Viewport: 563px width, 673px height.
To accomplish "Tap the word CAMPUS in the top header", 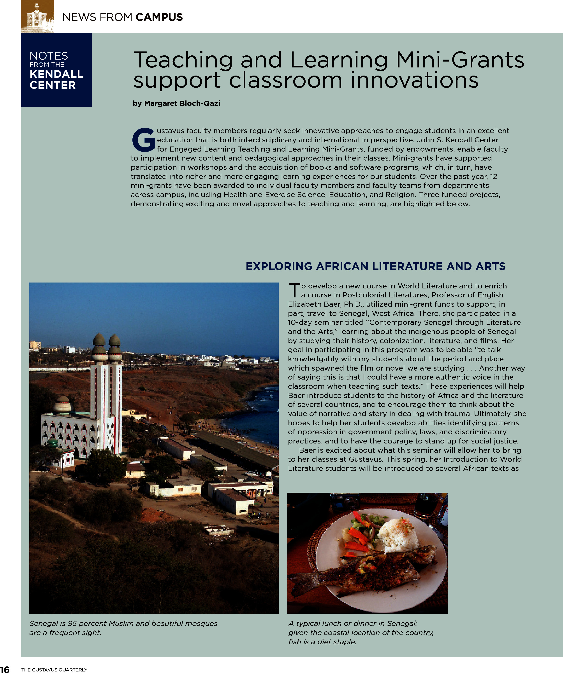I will pyautogui.click(x=159, y=17).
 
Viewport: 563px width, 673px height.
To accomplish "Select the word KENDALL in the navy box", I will pyautogui.click(x=56, y=74).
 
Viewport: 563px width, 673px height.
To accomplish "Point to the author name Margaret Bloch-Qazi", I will pyautogui.click(x=182, y=103).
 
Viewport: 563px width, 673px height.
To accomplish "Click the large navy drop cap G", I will pyautogui.click(x=143, y=140).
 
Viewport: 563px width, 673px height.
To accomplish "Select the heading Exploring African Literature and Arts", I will pyautogui.click(x=375, y=266).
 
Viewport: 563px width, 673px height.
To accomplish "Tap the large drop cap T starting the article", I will pyautogui.click(x=294, y=290).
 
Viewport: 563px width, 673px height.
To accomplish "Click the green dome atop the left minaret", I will pyautogui.click(x=99, y=340).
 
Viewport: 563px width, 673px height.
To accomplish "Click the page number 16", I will pyautogui.click(x=5, y=669).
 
